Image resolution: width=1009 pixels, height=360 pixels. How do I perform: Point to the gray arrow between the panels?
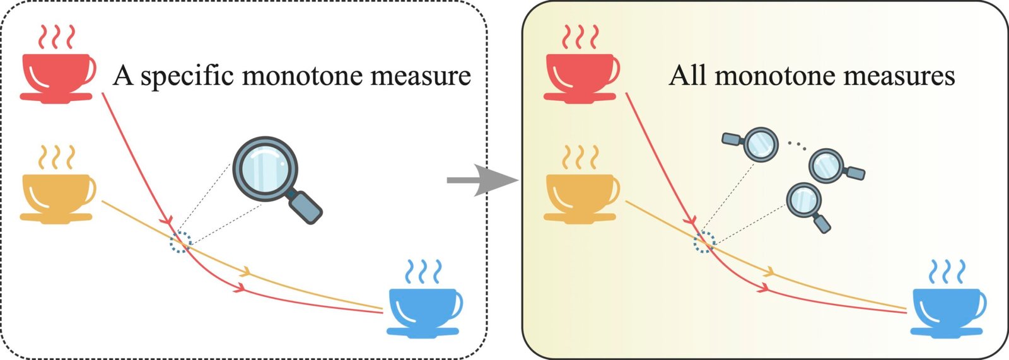click(482, 180)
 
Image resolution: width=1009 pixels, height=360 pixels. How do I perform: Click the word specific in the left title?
click(188, 76)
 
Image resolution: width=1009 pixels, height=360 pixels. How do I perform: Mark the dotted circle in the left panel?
click(180, 242)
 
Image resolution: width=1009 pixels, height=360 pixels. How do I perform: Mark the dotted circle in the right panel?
click(704, 242)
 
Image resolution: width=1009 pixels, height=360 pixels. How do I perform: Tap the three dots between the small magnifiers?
click(797, 145)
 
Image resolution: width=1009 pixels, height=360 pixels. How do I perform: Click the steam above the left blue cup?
click(423, 271)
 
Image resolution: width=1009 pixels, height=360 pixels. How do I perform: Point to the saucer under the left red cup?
click(56, 98)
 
